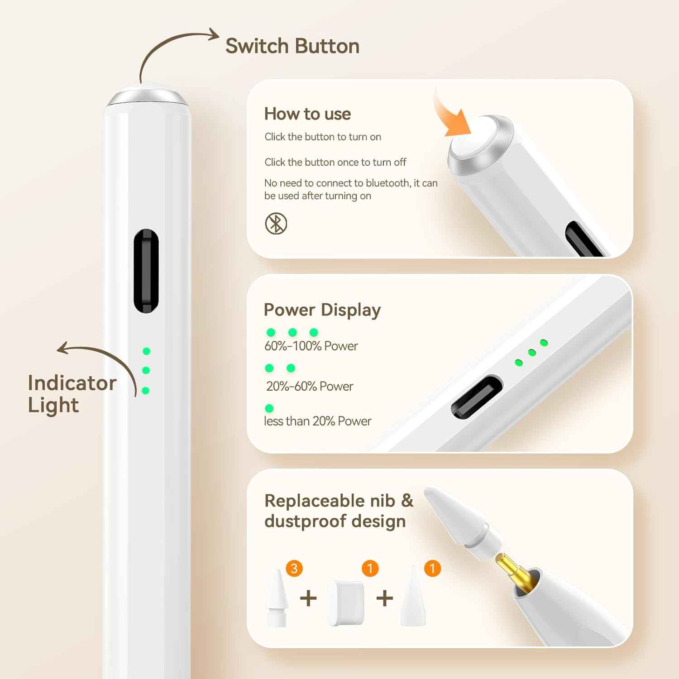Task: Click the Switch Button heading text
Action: pyautogui.click(x=292, y=46)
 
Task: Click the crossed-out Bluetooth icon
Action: pyautogui.click(x=276, y=224)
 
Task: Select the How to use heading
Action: pyautogui.click(x=307, y=114)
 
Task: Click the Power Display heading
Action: pyautogui.click(x=322, y=310)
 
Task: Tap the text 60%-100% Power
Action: pyautogui.click(x=311, y=346)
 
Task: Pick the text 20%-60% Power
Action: pyautogui.click(x=310, y=386)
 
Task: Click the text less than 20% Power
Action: pyautogui.click(x=317, y=421)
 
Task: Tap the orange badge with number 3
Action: pyautogui.click(x=294, y=568)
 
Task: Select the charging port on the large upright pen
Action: pyautogui.click(x=146, y=271)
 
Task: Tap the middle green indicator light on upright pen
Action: pyautogui.click(x=146, y=370)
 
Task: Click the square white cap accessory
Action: pyautogui.click(x=346, y=603)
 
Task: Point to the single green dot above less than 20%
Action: pyautogui.click(x=269, y=408)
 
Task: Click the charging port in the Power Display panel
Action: pyautogui.click(x=477, y=397)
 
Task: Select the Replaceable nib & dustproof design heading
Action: pyautogui.click(x=339, y=511)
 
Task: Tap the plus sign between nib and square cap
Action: pyautogui.click(x=308, y=598)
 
